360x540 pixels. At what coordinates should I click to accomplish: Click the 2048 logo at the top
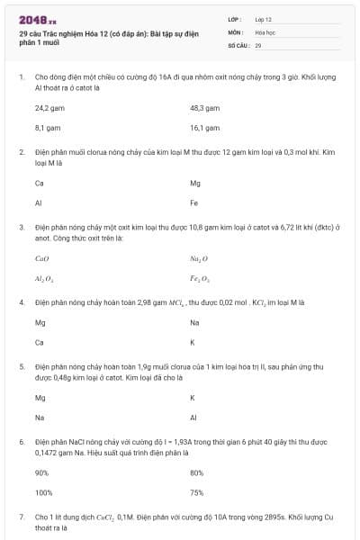tap(38, 20)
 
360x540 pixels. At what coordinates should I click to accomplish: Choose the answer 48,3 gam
tap(204, 107)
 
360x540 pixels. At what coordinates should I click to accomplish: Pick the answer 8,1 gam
tap(47, 128)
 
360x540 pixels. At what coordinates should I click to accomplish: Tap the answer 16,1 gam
tap(204, 128)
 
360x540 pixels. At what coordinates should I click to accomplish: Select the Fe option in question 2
tap(194, 202)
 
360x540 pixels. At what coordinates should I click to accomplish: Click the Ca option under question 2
tap(40, 183)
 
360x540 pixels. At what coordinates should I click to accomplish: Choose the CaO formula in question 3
tap(41, 258)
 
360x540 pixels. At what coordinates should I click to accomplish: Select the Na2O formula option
tap(199, 258)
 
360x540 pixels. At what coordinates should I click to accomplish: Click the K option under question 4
tap(193, 343)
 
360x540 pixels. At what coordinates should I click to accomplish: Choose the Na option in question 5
tap(40, 418)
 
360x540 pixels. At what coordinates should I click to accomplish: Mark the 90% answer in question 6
tap(41, 472)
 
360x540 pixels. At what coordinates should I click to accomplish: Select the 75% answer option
tap(197, 492)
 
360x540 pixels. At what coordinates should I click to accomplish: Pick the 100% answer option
tap(43, 492)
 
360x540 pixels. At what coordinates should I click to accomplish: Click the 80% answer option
tap(197, 472)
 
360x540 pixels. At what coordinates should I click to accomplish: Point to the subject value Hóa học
tap(264, 31)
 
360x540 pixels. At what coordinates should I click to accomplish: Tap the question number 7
tap(22, 517)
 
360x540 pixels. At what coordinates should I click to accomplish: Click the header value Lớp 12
tap(263, 19)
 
